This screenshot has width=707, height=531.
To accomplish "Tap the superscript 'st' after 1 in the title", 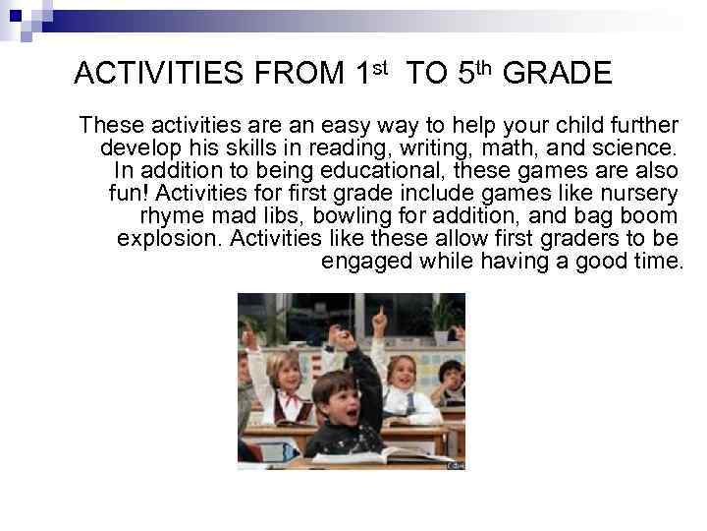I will click(380, 66).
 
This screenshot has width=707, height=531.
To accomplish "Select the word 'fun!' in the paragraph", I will click(131, 194).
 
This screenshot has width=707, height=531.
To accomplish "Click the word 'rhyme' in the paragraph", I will click(172, 215).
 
